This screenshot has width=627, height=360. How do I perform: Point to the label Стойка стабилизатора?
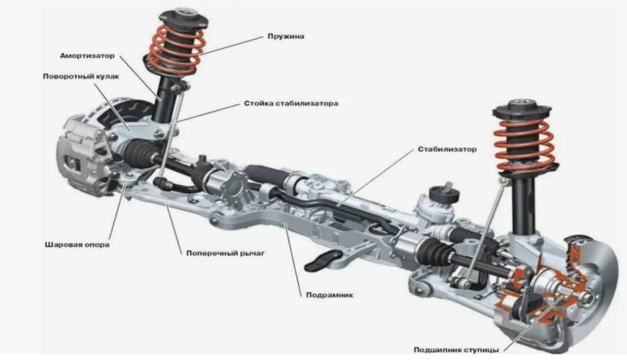pos(290,104)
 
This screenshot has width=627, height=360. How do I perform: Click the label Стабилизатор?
pos(447,150)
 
